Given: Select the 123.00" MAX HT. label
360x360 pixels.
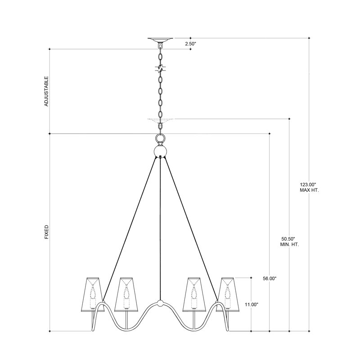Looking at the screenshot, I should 309,187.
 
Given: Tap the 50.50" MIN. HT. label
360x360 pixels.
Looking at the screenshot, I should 288,241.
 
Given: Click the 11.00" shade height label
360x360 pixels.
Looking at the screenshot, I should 251,305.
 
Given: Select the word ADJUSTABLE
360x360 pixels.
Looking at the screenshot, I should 46,91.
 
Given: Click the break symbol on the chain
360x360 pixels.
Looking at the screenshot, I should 160,69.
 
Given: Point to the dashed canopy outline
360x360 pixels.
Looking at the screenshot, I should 160,120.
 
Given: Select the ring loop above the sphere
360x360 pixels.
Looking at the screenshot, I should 160,138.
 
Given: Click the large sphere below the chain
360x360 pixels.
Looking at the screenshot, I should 160,151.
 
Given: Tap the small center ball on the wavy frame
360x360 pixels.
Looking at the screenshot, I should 160,303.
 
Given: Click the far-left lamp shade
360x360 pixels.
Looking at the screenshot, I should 94,293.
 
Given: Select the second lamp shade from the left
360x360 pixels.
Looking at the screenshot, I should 126,293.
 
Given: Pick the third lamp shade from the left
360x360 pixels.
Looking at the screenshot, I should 194,293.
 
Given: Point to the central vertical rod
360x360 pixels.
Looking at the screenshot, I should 160,225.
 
